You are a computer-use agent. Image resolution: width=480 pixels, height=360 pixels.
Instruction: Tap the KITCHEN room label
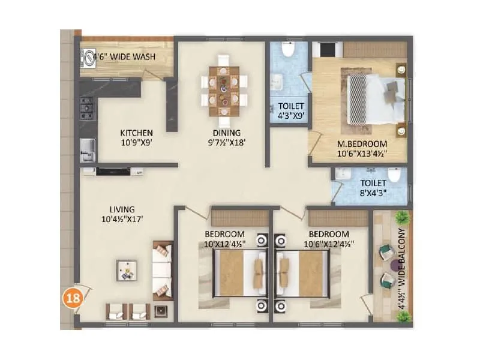(136, 133)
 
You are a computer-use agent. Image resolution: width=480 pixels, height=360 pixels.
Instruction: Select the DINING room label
(226, 133)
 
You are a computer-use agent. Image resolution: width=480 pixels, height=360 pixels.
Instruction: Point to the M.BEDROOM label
(361, 144)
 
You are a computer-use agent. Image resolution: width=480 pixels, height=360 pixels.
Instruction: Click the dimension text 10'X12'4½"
(224, 244)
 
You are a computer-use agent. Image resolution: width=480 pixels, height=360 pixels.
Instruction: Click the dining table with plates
(224, 91)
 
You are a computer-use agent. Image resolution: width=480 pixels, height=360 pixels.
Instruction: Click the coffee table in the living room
(126, 271)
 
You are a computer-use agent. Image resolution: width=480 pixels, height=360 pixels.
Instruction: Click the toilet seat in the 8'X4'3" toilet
(394, 175)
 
